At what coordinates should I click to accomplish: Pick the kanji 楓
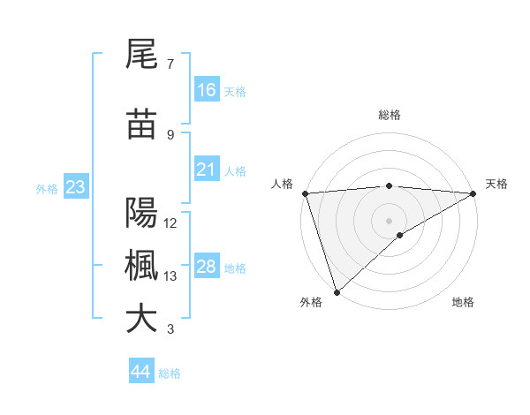[141, 266]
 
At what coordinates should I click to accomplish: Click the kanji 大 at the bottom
[141, 319]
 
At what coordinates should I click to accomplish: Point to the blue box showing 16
[207, 90]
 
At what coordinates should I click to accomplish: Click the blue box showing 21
[207, 170]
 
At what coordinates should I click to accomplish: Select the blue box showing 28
[207, 267]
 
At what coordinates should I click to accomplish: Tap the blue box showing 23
[75, 187]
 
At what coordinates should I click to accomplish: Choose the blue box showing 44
[141, 372]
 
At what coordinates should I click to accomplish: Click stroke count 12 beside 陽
[170, 223]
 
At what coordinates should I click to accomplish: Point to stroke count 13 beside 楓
[170, 276]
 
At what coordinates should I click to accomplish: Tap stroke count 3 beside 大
[170, 329]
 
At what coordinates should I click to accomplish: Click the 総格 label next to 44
[170, 373]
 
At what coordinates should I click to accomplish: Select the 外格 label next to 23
[46, 188]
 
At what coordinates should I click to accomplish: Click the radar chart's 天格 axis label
[497, 184]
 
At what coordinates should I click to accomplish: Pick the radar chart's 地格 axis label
[463, 302]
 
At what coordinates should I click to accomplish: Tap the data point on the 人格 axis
[305, 193]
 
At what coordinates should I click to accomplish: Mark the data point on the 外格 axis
[337, 291]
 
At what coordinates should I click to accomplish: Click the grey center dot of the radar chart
[389, 220]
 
